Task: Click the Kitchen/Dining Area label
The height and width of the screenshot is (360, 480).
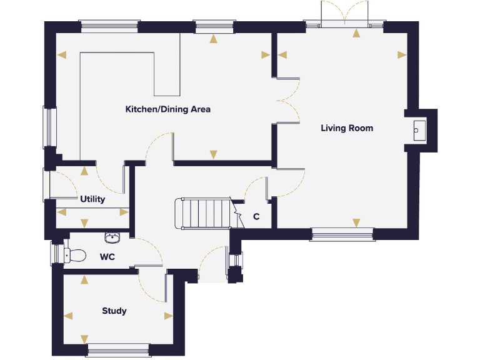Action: click(167, 109)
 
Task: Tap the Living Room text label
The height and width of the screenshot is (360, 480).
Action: click(347, 128)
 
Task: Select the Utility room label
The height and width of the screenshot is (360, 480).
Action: click(92, 199)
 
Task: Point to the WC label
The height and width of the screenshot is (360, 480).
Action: click(107, 257)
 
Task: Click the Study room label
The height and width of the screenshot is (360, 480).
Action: click(114, 311)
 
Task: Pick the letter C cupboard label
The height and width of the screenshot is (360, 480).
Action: click(256, 217)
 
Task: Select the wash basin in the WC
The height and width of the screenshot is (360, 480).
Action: click(112, 237)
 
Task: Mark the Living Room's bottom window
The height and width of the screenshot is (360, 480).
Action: click(342, 235)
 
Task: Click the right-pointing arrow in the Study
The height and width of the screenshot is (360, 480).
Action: click(168, 316)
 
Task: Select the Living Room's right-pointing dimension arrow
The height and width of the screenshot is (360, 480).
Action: click(402, 54)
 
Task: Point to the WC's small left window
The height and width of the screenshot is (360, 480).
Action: click(54, 254)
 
